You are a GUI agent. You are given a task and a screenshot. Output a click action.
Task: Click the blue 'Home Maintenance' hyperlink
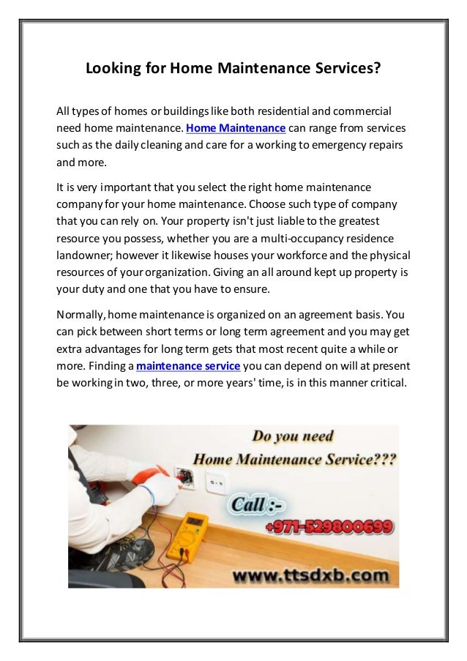[235, 128]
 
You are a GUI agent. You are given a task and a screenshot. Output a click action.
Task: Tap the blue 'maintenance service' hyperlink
[188, 365]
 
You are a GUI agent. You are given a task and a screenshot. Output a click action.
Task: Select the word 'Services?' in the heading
[345, 70]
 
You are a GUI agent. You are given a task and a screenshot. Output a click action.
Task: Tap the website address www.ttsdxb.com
[311, 575]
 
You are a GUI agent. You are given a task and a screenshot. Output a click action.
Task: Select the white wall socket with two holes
[214, 481]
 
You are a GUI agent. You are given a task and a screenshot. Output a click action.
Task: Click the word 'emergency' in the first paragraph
[340, 145]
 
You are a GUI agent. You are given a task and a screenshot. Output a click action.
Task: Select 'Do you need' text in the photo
[293, 437]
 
